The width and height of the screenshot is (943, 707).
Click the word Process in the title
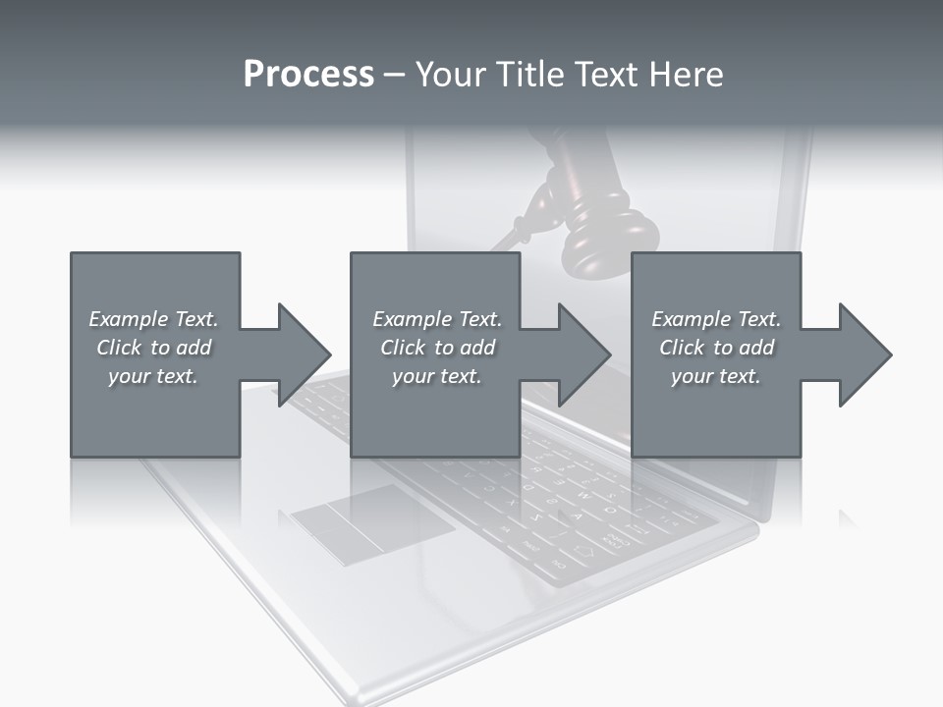pyautogui.click(x=308, y=75)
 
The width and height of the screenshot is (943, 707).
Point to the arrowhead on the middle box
pyautogui.click(x=583, y=354)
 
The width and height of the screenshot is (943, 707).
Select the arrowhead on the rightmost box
pyautogui.click(x=864, y=354)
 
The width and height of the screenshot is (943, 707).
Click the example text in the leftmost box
pyautogui.click(x=153, y=348)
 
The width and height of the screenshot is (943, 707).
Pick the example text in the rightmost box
pyautogui.click(x=716, y=348)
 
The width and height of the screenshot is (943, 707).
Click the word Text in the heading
pyautogui.click(x=605, y=75)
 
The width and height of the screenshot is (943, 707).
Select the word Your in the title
pyautogui.click(x=448, y=75)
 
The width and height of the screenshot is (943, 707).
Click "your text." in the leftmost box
pyautogui.click(x=153, y=376)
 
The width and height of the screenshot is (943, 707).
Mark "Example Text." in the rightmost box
pyautogui.click(x=716, y=319)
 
